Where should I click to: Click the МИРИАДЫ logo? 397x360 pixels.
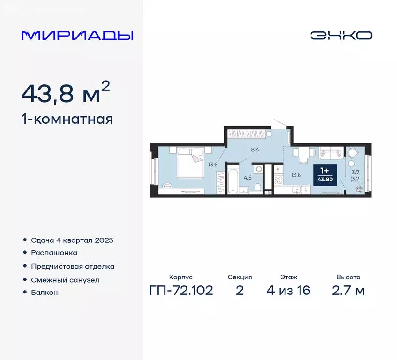click(77, 36)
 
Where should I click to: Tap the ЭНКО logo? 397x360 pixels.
click(341, 35)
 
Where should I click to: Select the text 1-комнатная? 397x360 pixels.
click(67, 119)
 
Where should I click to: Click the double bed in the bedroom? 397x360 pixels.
click(189, 162)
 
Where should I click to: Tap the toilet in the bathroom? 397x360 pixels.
click(257, 187)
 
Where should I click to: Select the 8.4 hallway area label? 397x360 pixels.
click(255, 150)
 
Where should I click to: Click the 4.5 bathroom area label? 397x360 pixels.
click(247, 177)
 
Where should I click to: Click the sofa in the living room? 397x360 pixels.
click(331, 153)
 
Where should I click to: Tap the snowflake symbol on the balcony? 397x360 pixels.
click(359, 188)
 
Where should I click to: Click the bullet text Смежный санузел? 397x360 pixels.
click(65, 279)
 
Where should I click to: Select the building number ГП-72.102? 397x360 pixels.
click(180, 291)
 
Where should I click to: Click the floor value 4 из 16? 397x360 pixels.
click(288, 291)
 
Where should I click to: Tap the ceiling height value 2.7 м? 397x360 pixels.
click(348, 291)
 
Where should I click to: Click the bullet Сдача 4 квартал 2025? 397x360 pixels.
click(72, 240)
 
